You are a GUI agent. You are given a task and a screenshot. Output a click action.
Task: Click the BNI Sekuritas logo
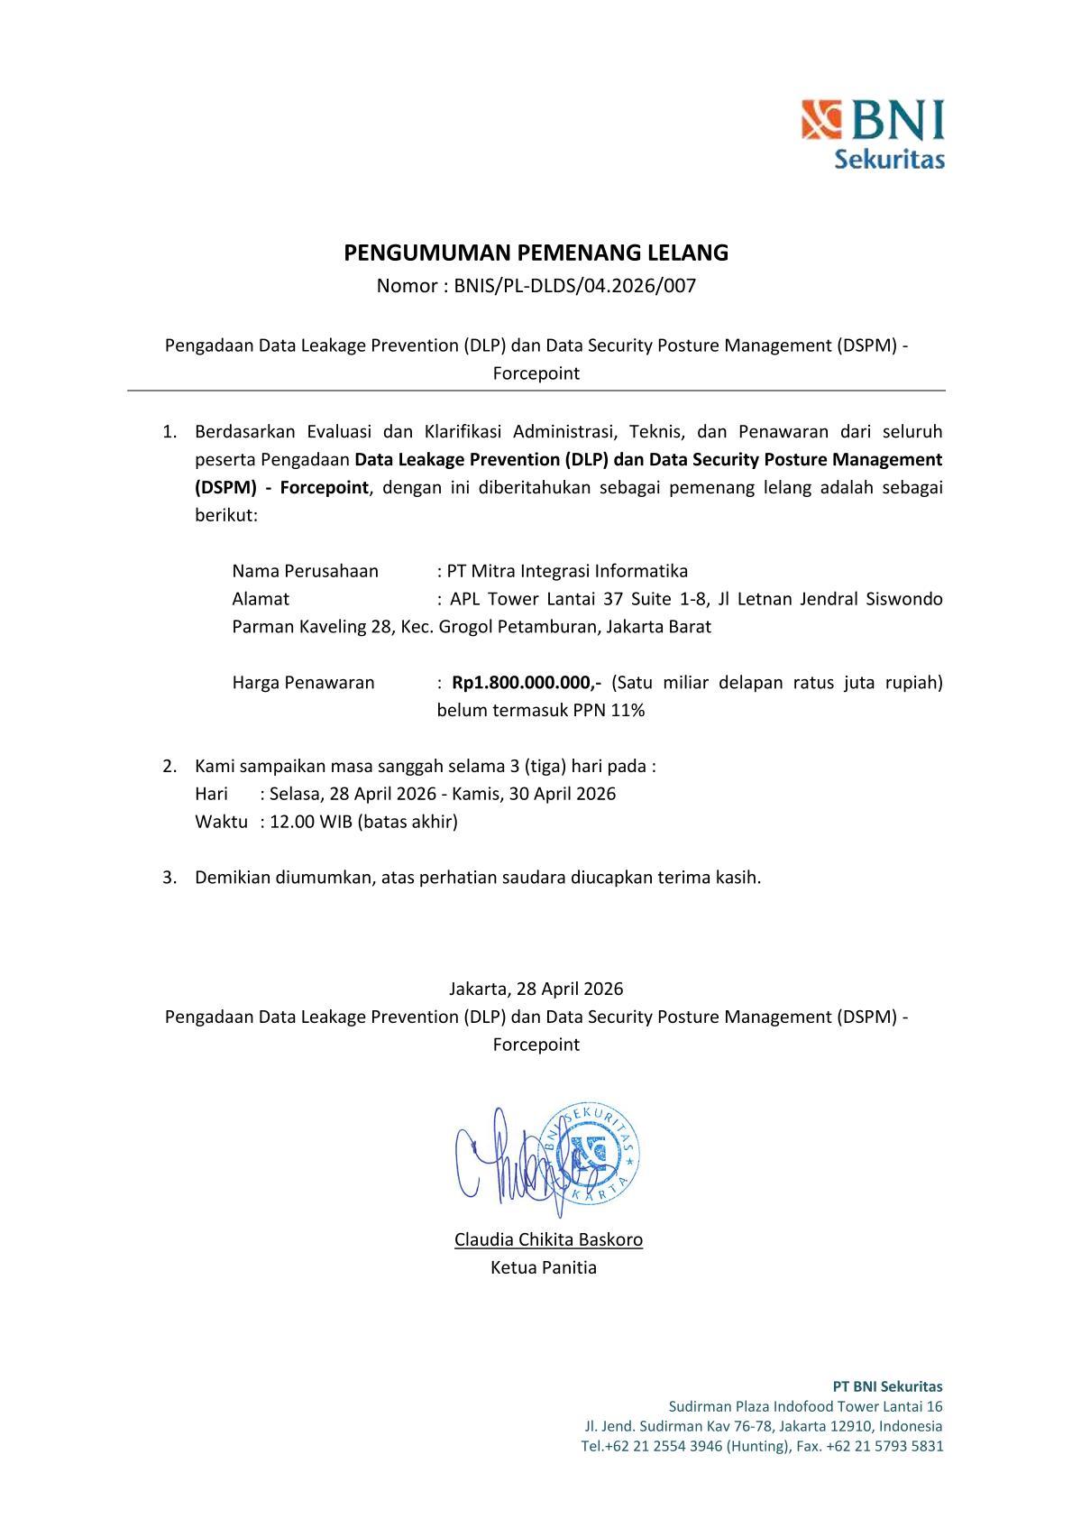[873, 133]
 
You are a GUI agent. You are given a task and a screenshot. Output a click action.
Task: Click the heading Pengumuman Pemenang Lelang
[536, 253]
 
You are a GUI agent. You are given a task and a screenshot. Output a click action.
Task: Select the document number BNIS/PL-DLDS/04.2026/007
[575, 287]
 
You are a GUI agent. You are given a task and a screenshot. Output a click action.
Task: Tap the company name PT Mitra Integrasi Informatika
[567, 571]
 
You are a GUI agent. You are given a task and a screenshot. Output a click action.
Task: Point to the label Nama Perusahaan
[305, 571]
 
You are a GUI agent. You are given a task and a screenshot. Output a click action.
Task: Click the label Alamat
[261, 599]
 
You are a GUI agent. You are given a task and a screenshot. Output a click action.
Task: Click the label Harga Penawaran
[303, 683]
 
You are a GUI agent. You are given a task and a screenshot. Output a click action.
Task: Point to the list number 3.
[169, 878]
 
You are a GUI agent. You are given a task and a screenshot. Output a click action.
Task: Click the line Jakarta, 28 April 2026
[536, 989]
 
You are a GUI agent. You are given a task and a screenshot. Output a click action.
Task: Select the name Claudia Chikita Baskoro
[548, 1239]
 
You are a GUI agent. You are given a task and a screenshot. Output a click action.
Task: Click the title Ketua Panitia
[543, 1267]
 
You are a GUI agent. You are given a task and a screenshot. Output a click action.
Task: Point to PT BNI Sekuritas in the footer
[886, 1386]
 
